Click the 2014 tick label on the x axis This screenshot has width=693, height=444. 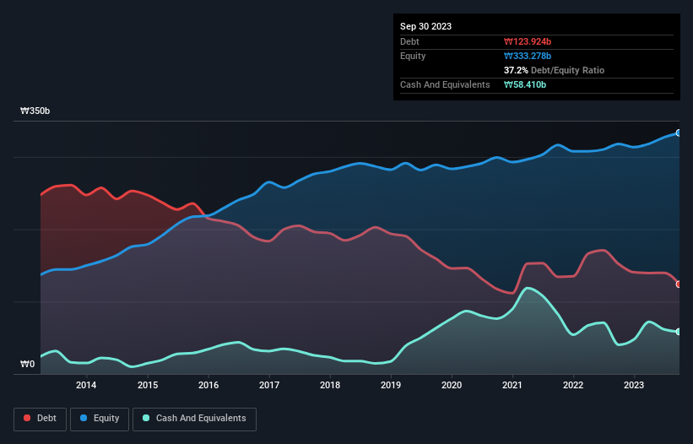point(85,386)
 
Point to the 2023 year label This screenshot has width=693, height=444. point(635,386)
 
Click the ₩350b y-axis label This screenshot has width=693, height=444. point(35,111)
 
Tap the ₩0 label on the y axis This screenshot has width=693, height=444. point(28,365)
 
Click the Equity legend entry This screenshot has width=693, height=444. point(100,419)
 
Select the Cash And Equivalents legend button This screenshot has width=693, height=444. point(194,419)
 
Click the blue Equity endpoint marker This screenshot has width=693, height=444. point(679,133)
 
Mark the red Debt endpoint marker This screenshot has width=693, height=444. point(679,284)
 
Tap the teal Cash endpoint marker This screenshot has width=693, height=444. point(679,332)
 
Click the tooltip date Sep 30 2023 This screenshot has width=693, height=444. point(425,26)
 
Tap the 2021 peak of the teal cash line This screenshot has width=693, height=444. point(528,288)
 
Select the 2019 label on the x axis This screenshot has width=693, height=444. point(391,386)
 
